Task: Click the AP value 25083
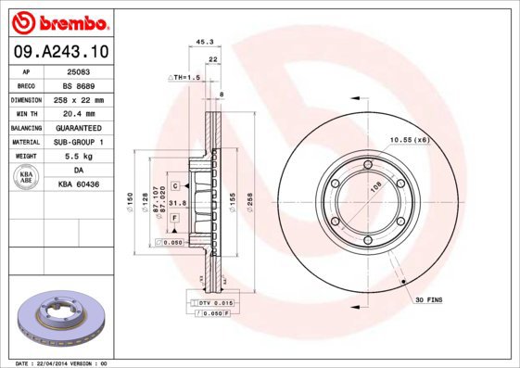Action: [79, 70]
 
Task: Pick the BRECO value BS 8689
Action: [79, 84]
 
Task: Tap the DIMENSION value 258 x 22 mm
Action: [79, 99]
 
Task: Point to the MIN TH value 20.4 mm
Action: [79, 113]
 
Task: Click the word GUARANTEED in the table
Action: [79, 127]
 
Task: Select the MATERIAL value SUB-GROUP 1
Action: [79, 142]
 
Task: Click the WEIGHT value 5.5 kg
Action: [79, 157]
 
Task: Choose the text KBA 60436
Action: [79, 185]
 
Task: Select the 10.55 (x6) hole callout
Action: [408, 139]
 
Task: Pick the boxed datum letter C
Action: [174, 186]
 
